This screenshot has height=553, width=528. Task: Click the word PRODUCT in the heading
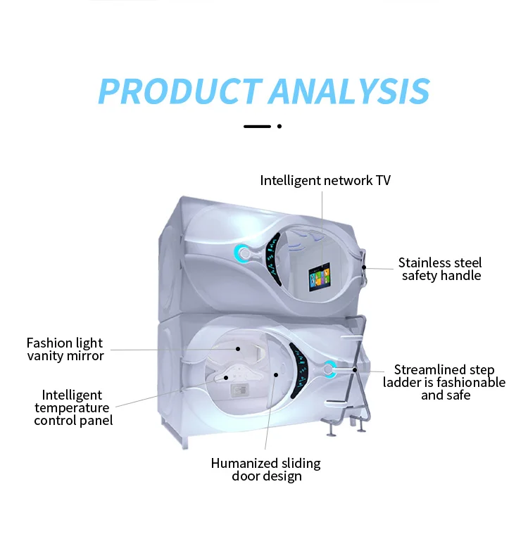pos(180,91)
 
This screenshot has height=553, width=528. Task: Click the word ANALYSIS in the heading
pos(350,91)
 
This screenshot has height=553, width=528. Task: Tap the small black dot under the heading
pos(279,126)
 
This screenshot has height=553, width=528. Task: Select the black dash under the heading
pos(257,126)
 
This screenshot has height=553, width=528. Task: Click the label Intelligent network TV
pos(325,181)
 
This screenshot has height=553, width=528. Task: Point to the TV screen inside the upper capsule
pos(320,277)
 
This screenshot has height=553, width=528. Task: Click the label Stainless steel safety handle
pos(441,269)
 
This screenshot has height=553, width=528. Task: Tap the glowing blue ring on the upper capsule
pos(243,253)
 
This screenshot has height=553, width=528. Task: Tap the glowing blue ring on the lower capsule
pos(329,369)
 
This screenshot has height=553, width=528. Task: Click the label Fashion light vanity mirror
pos(65,349)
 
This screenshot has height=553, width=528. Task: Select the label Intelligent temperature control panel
pos(73,407)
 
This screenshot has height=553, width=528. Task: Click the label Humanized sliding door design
pos(266,469)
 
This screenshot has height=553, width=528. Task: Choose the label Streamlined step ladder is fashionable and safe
pos(444,382)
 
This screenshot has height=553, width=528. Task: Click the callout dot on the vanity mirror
pos(238,349)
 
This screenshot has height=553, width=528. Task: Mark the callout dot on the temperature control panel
pos(226,378)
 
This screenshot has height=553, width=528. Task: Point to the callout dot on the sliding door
pos(276,374)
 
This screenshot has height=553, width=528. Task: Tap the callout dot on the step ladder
pos(355,369)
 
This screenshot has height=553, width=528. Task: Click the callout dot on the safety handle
pos(364,267)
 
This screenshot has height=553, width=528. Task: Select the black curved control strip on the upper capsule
pos(272,259)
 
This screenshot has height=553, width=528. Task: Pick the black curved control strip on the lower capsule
pos(299,370)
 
